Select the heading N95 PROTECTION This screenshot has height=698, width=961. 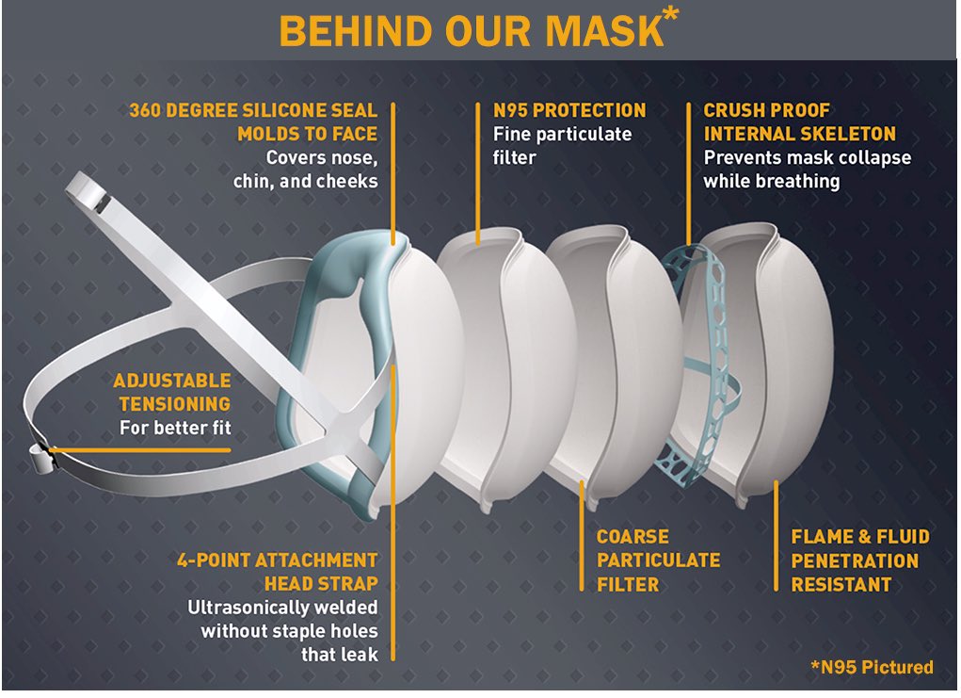pos(569,110)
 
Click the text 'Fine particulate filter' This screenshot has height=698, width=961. pos(562,145)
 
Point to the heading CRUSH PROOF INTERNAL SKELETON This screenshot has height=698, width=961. pos(799,122)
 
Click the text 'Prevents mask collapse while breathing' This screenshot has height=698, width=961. pos(807,169)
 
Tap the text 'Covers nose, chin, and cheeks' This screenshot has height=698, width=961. pos(306,169)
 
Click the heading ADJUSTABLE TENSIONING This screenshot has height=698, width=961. pos(171,392)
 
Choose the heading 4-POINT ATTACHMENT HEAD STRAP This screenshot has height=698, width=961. pos(277,571)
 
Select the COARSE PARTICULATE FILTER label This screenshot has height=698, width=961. pos(658,560)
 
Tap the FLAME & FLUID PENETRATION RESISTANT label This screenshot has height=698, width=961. pos(859,560)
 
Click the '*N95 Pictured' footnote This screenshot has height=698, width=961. pos(872,667)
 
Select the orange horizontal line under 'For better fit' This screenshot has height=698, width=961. pos(141,450)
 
